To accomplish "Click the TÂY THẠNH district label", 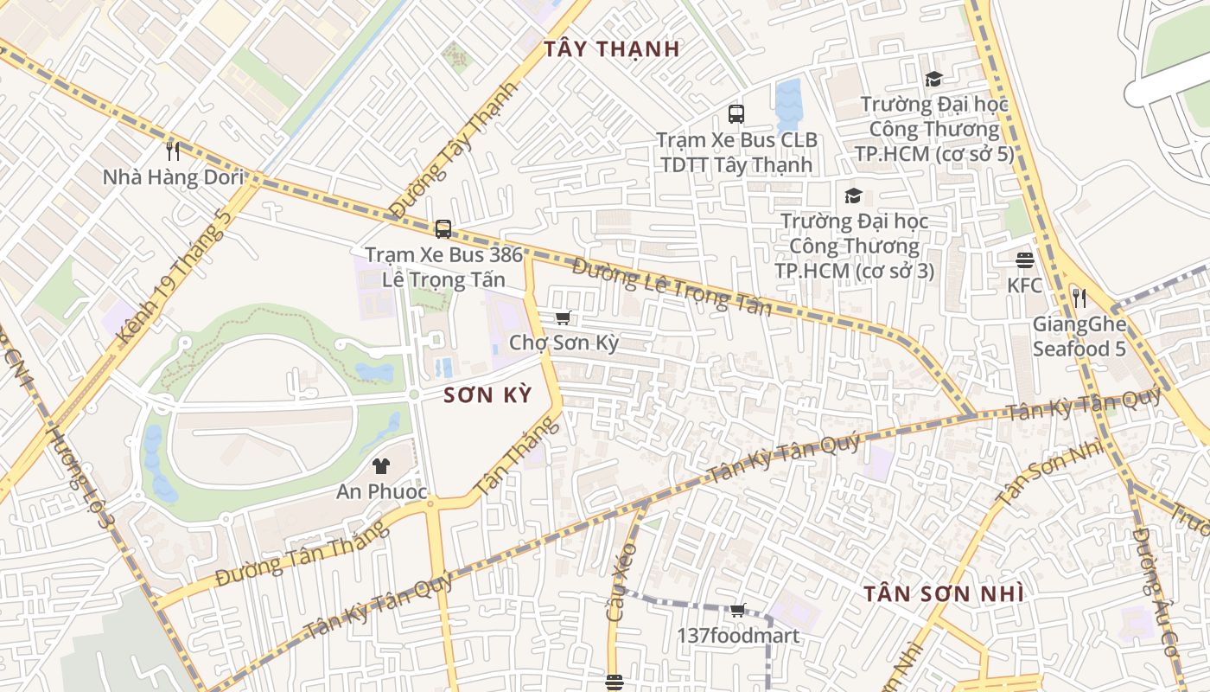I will (612, 49).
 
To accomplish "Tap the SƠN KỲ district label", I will (487, 395).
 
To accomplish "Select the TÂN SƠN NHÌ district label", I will (944, 594).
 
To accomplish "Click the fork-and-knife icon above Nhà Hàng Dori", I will (173, 151).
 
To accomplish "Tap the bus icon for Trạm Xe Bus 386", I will (443, 229).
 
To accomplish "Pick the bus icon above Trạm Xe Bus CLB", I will (736, 113).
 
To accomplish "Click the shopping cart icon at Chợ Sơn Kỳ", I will (564, 318).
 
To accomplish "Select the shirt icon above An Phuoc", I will (380, 466).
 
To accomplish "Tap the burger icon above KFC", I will (1025, 259).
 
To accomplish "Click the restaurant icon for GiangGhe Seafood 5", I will (1079, 298).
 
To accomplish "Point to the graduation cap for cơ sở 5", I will (933, 80).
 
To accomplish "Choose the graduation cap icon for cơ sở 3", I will (853, 195).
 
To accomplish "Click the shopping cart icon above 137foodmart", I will (737, 611).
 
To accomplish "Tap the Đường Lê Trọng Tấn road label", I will (672, 287).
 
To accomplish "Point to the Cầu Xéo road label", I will (621, 581).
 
